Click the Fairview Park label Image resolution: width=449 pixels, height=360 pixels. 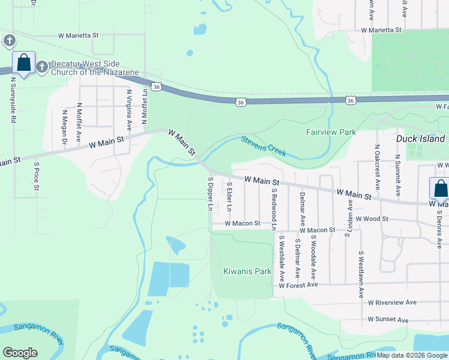(x=331, y=132)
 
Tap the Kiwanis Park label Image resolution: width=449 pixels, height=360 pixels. (x=247, y=271)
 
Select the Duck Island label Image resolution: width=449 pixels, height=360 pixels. (x=420, y=139)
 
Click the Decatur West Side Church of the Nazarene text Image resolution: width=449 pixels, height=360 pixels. (x=94, y=68)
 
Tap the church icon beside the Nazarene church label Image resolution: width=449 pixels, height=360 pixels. (x=42, y=66)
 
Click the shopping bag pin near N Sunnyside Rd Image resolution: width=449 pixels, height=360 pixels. (x=23, y=62)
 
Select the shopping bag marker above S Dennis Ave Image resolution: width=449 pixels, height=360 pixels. (x=440, y=188)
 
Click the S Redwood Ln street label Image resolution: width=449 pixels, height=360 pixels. (x=274, y=209)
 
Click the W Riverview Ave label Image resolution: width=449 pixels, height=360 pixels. (x=392, y=302)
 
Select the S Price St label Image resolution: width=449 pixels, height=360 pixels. (x=37, y=176)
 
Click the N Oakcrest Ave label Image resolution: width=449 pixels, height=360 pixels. (x=377, y=163)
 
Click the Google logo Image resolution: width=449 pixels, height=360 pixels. (x=20, y=353)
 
